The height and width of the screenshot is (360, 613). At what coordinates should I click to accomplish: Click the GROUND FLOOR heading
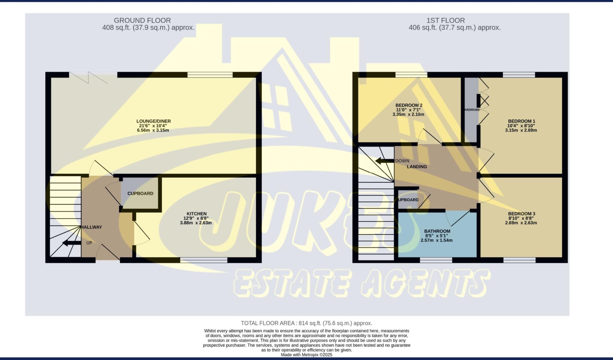tap(142, 20)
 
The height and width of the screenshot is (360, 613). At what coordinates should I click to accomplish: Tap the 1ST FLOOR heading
tap(445, 20)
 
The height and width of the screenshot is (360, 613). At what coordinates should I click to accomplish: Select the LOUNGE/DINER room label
tap(154, 121)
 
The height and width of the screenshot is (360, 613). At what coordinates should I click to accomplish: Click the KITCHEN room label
tap(197, 214)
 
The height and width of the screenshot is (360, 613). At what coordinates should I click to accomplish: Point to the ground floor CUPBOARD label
tap(140, 193)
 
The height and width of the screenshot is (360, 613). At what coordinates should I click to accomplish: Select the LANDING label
tap(417, 167)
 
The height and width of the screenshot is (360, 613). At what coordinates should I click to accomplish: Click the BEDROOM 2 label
tap(409, 105)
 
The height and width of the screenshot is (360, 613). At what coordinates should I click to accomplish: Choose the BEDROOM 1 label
tap(521, 121)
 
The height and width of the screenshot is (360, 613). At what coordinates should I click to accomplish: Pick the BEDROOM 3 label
tap(521, 214)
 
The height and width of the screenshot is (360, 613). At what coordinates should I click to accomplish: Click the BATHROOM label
tap(437, 231)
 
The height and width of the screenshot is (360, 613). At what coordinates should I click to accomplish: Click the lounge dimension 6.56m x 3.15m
tap(153, 130)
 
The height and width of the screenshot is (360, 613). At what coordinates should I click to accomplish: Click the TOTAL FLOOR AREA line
tap(306, 323)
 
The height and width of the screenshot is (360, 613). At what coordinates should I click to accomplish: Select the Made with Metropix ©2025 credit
tap(306, 355)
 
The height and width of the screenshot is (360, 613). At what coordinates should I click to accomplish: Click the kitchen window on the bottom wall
tap(204, 260)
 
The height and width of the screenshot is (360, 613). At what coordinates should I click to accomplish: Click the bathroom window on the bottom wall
tap(436, 260)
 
